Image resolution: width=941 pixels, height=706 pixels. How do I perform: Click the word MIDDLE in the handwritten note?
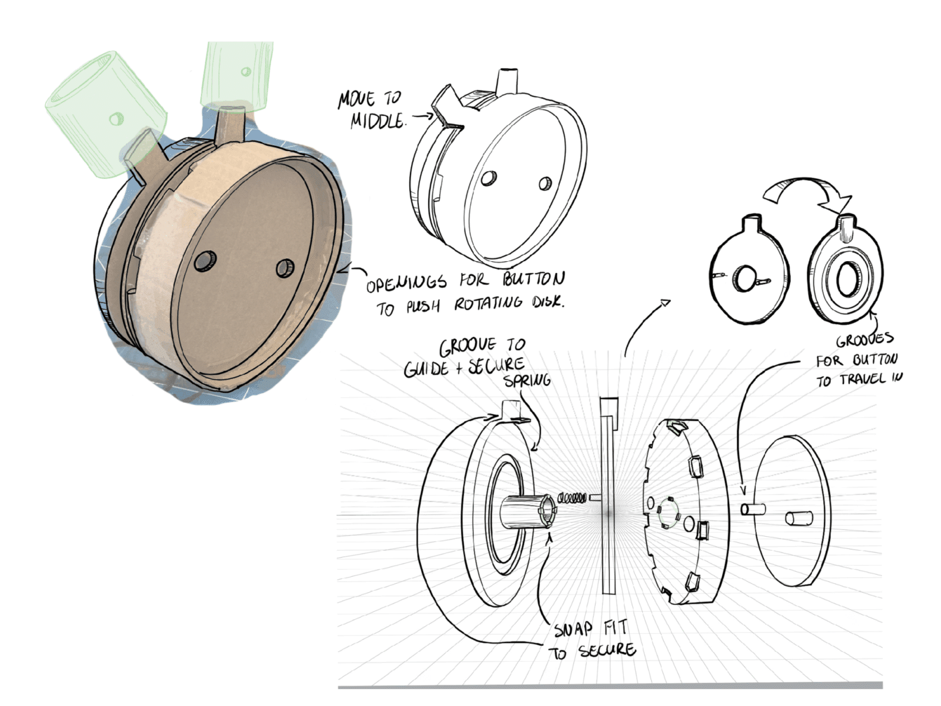pyautogui.click(x=377, y=121)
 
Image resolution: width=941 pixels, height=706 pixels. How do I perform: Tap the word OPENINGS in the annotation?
pyautogui.click(x=406, y=284)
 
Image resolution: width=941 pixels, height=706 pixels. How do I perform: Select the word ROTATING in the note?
pyautogui.click(x=488, y=304)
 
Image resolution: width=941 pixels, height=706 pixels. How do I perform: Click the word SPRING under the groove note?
pyautogui.click(x=528, y=381)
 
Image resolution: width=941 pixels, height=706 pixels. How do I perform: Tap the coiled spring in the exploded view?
pyautogui.click(x=571, y=499)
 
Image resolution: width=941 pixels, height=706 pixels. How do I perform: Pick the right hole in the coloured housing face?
pyautogui.click(x=285, y=268)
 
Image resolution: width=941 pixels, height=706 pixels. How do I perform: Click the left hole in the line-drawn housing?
pyautogui.click(x=489, y=178)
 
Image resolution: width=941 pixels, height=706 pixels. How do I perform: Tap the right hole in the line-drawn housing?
pyautogui.click(x=545, y=184)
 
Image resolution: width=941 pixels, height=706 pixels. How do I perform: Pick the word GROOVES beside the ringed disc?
pyautogui.click(x=865, y=340)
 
